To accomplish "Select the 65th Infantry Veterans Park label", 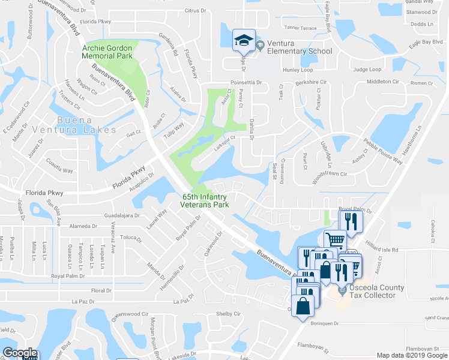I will (205, 200).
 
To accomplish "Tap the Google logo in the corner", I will (19, 353).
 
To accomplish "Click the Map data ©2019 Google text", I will (412, 355).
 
